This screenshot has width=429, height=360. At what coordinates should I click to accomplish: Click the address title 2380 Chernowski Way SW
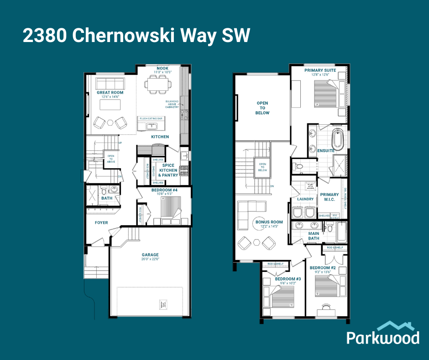click(136, 36)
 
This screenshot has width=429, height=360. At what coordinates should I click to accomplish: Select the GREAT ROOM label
click(110, 93)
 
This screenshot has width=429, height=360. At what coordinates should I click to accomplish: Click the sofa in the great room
click(110, 83)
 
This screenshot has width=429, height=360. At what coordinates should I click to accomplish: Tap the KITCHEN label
click(160, 137)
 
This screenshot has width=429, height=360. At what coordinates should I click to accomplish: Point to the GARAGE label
click(150, 255)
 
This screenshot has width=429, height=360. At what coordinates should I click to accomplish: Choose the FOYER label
click(101, 223)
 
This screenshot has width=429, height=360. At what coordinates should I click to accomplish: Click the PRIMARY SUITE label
click(320, 70)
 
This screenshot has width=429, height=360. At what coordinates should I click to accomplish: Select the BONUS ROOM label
click(269, 222)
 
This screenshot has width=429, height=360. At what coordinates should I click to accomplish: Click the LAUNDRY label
click(305, 199)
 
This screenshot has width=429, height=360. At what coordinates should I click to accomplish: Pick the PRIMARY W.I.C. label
click(329, 196)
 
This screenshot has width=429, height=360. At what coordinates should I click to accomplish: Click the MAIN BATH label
click(314, 236)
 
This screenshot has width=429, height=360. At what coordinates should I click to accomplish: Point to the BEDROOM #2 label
click(323, 268)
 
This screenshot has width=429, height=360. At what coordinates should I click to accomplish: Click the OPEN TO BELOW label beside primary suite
click(262, 108)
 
